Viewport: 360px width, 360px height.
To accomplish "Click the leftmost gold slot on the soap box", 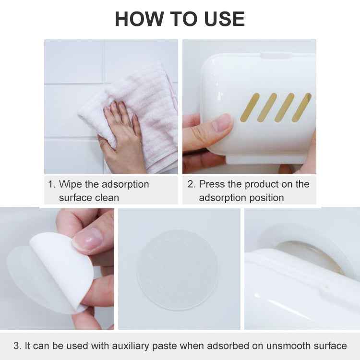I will click(250, 107).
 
